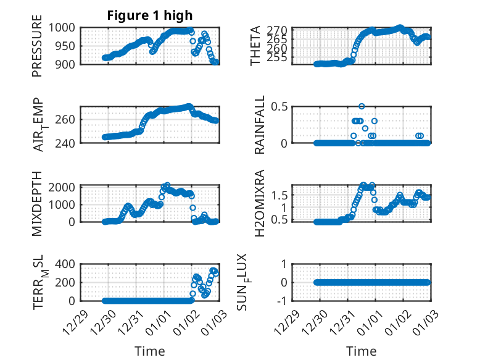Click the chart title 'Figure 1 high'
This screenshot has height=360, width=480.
click(149, 15)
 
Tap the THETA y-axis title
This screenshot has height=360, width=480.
click(255, 46)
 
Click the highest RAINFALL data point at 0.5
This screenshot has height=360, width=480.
click(362, 106)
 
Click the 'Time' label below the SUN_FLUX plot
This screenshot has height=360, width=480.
click(362, 351)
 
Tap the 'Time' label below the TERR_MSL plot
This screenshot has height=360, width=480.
click(149, 351)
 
